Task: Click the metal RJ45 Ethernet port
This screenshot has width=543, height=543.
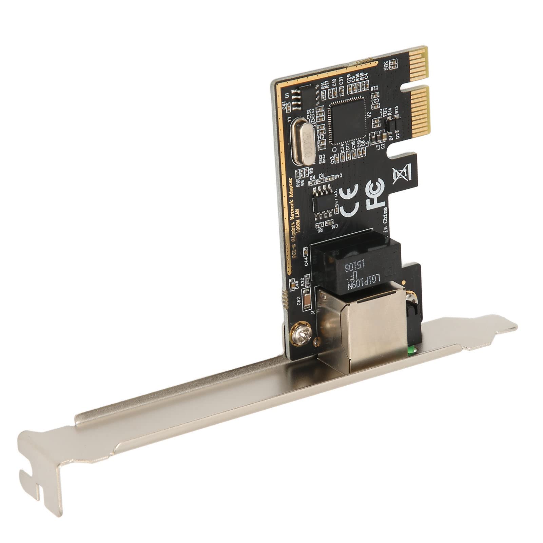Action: [x=363, y=326]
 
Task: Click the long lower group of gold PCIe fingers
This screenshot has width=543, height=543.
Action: [x=421, y=109]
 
